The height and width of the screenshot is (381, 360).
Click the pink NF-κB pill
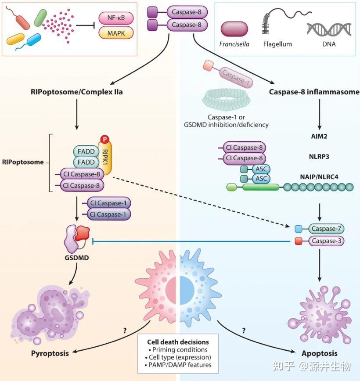pos(116,18)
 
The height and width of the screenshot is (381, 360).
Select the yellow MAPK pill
pos(116,33)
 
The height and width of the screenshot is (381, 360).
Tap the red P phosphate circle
pos(105,139)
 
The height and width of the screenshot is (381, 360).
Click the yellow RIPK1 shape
pos(105,157)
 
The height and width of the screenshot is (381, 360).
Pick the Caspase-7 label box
pos(326,229)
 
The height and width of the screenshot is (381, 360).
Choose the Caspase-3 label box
pos(326,241)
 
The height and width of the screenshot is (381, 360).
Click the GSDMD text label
pos(76,258)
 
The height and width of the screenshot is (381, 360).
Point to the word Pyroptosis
pos(50,353)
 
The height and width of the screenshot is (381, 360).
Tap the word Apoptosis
pos(320,353)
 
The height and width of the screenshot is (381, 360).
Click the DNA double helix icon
pos(329,29)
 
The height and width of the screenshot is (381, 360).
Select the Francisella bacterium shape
pos(234,29)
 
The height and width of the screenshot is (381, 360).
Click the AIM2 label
pos(319,136)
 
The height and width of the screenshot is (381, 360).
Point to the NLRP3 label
pos(319,156)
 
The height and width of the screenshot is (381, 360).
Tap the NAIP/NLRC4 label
pos(319,176)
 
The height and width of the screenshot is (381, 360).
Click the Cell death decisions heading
pos(178,342)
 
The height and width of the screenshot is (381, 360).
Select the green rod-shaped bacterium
pos(40,18)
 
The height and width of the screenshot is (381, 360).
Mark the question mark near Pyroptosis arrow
pos(125,331)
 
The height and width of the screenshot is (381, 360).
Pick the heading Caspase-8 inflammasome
pos(314,92)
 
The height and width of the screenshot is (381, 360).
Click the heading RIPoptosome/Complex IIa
pos(76,92)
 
